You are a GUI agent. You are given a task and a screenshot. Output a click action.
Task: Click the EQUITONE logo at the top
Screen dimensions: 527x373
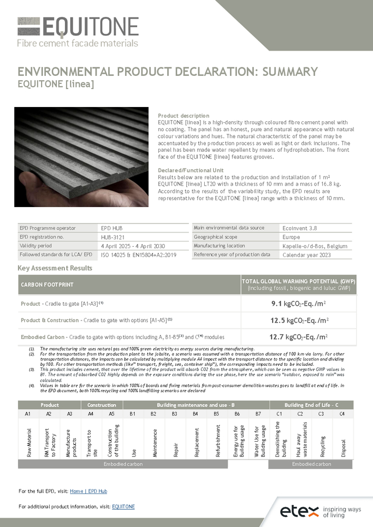(x=78, y=32)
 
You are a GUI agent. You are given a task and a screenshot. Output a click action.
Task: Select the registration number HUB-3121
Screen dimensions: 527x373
(x=110, y=238)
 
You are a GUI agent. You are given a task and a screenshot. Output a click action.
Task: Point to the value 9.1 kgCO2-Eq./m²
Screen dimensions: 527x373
(x=299, y=304)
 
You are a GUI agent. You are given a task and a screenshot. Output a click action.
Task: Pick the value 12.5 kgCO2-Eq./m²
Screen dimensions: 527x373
(x=299, y=320)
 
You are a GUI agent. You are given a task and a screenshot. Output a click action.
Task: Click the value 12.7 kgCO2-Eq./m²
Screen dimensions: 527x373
(x=299, y=337)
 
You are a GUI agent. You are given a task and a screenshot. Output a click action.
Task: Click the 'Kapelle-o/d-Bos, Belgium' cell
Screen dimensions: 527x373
(x=315, y=246)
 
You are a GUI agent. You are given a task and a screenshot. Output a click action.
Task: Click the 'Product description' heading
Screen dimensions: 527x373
(x=184, y=116)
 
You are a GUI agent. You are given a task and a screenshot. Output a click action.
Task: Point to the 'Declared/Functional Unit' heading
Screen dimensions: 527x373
(x=190, y=170)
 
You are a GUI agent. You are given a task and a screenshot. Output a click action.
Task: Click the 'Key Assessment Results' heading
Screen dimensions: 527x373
(x=55, y=268)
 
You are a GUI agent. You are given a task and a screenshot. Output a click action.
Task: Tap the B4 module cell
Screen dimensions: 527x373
(x=195, y=414)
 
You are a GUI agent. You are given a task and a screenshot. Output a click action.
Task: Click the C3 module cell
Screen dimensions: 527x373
(x=322, y=414)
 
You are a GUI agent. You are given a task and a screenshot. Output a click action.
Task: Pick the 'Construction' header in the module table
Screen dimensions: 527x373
(x=101, y=405)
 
